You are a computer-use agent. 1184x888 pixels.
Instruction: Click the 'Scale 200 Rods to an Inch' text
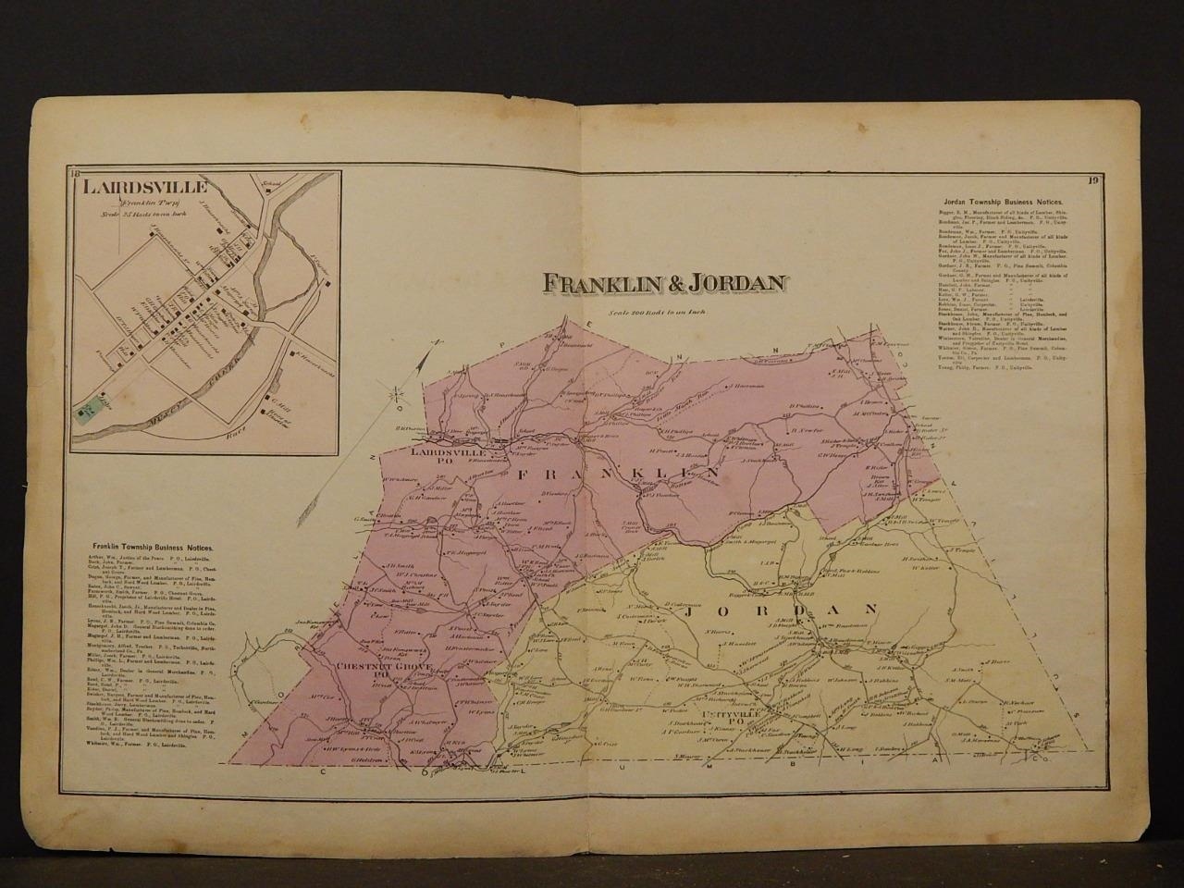click(657, 312)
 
